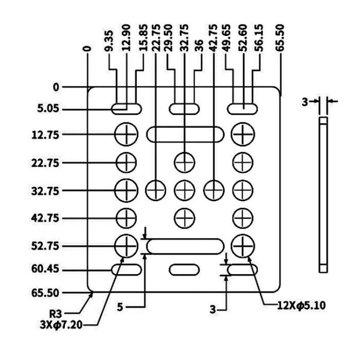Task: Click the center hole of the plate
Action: point(184,190)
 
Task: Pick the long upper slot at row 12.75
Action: point(185,134)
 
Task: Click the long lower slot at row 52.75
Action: point(185,246)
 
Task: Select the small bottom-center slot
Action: point(184,270)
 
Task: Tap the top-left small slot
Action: point(126,108)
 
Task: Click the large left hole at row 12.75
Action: point(126,134)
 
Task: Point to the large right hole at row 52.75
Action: point(243,246)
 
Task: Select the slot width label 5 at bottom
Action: point(120,307)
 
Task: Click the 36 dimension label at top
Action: point(198,47)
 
